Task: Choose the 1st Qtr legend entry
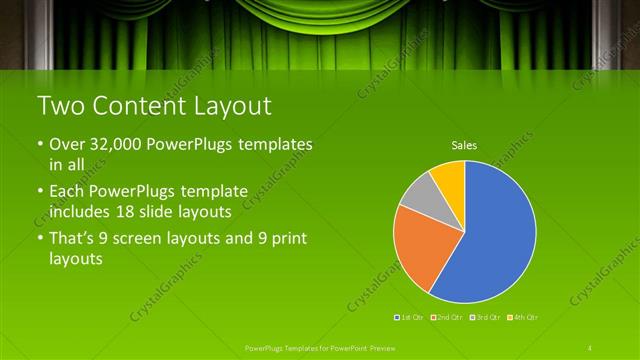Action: [x=408, y=317]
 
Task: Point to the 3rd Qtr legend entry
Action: [x=483, y=317]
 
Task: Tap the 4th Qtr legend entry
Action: [x=521, y=317]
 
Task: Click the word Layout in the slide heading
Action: [x=230, y=105]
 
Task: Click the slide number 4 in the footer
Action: [x=590, y=348]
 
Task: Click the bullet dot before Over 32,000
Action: [x=40, y=146]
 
